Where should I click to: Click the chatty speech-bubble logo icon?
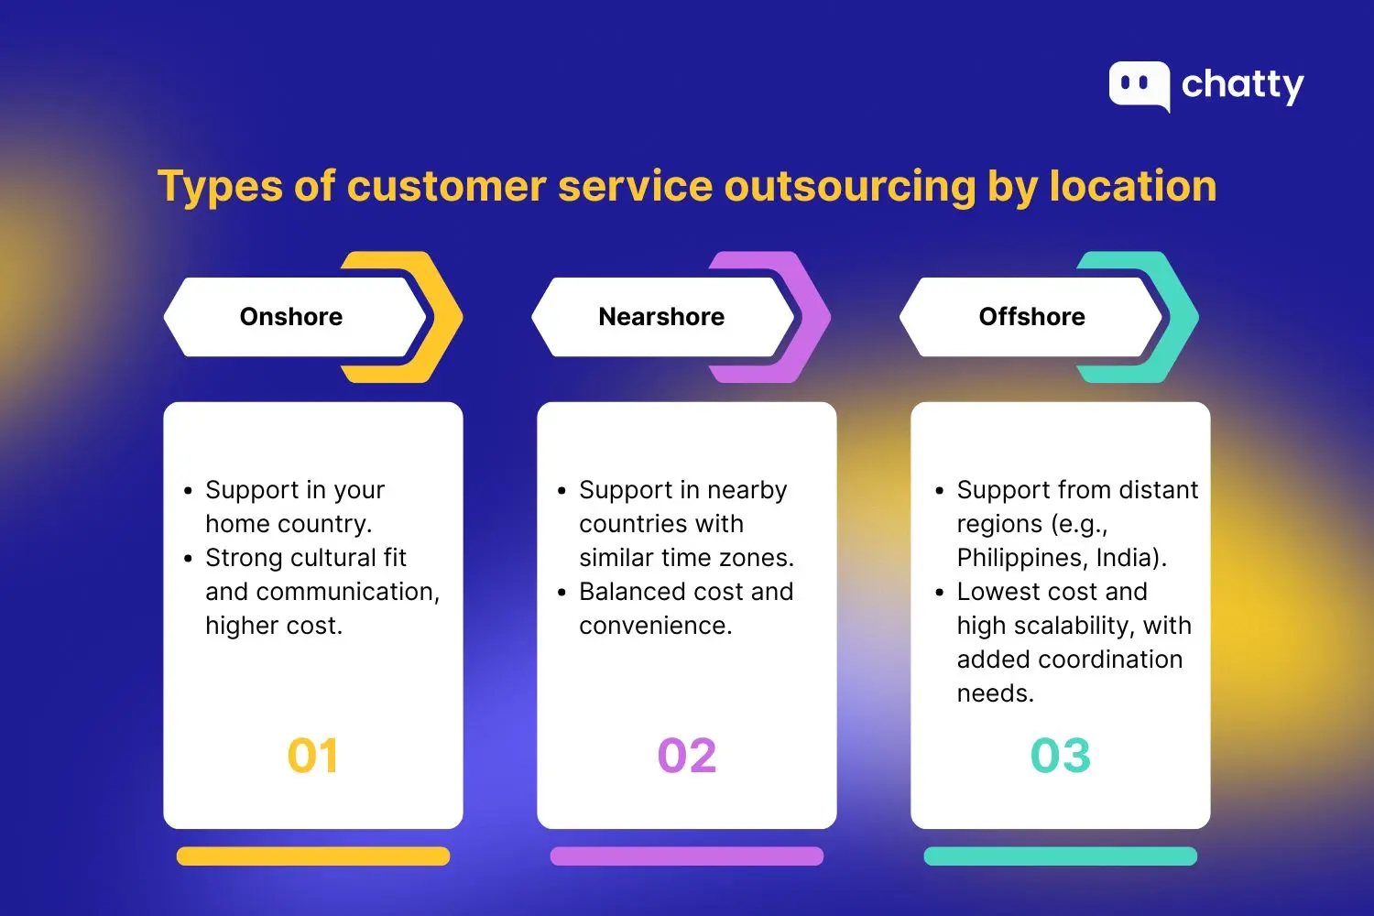[1139, 85]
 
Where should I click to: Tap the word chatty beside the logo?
[1242, 85]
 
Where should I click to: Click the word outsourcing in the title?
[850, 186]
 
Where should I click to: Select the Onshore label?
[291, 317]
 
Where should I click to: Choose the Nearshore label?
[661, 317]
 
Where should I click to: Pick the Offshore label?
[1031, 317]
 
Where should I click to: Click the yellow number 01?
[313, 756]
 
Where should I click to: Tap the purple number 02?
[687, 756]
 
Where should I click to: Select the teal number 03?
[1061, 756]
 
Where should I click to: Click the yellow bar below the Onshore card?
[313, 856]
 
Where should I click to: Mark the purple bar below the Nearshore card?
[687, 856]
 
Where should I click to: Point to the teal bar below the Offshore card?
[1061, 856]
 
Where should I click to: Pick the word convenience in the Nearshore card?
[654, 626]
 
